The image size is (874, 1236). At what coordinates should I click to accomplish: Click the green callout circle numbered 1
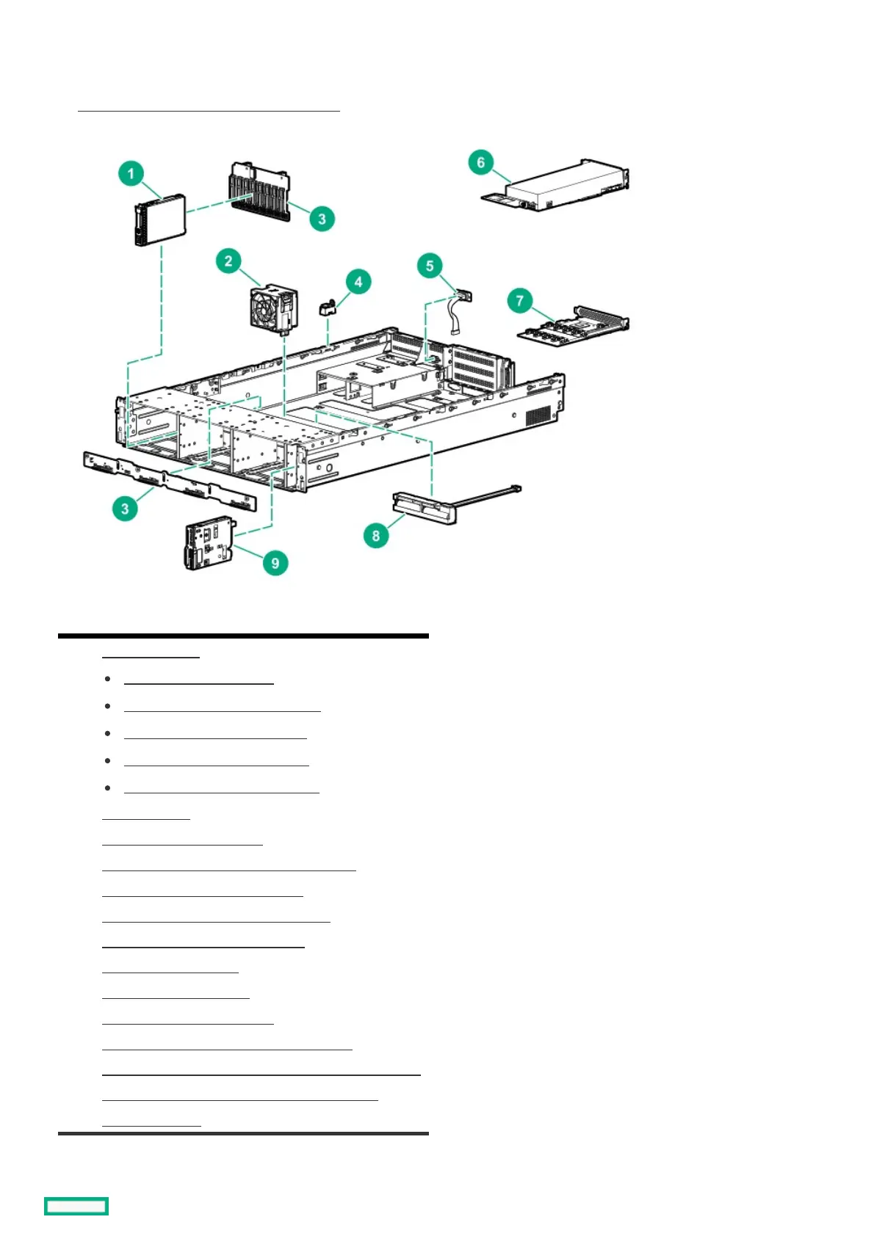coord(131,173)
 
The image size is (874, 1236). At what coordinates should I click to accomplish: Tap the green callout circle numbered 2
coord(228,261)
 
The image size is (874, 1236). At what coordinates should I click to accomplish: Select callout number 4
coord(358,282)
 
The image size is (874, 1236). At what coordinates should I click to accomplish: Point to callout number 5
coord(430,266)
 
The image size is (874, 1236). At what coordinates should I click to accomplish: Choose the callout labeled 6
coord(480,162)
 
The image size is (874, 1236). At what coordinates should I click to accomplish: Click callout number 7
coord(519,300)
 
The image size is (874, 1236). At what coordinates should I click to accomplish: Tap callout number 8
coord(375,536)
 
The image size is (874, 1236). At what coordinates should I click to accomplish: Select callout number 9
coord(275,563)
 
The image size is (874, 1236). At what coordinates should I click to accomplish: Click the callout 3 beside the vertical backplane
coord(321,219)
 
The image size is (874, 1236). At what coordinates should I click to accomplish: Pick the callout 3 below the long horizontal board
coord(125,509)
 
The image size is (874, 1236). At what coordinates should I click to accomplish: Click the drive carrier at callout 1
coord(159,219)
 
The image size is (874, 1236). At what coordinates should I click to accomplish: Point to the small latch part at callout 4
coord(327,306)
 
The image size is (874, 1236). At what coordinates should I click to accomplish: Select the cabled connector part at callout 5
coord(459,308)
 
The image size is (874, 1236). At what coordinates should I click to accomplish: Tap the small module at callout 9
coord(210,545)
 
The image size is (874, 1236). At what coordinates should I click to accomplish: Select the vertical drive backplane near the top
coord(259,188)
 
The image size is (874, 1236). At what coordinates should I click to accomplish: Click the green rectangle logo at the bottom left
coord(76,1206)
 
